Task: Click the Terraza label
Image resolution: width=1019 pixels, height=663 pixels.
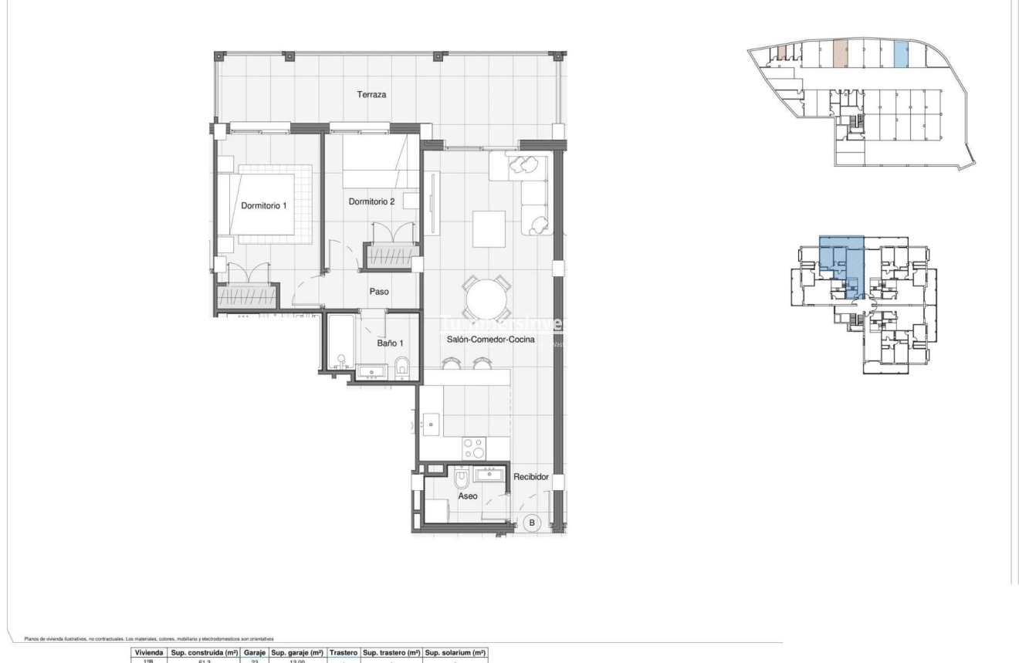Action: (371, 95)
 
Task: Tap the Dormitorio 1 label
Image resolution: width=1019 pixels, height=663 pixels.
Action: (264, 206)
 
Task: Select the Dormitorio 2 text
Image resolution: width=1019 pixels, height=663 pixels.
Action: (371, 201)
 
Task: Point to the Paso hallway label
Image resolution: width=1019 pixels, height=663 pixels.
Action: (379, 292)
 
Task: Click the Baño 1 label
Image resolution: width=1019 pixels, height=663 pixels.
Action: (390, 342)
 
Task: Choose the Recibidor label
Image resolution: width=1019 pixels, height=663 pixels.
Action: (531, 477)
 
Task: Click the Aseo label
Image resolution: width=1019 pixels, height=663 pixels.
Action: (469, 496)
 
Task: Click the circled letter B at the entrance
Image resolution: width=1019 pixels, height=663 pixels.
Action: (531, 523)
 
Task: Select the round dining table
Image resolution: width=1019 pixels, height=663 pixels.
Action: (486, 294)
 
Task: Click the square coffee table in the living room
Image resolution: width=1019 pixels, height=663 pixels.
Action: (489, 228)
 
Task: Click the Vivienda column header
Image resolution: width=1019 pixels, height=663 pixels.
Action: (147, 652)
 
